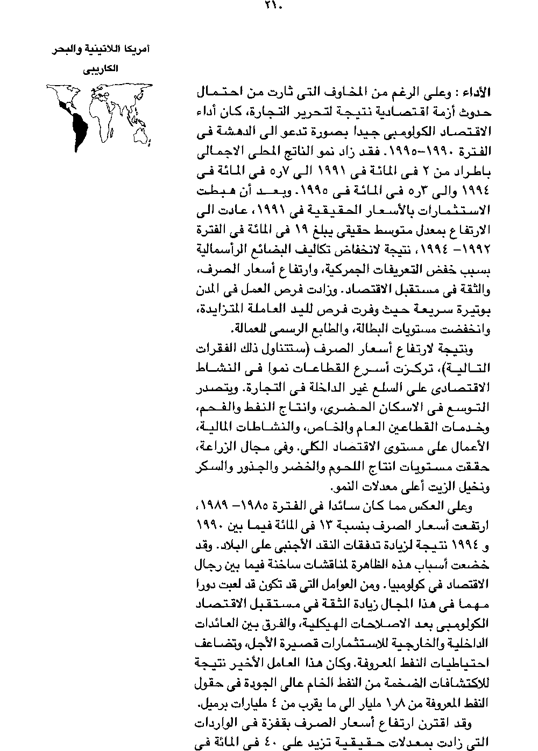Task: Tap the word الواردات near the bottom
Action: click(x=214, y=720)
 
